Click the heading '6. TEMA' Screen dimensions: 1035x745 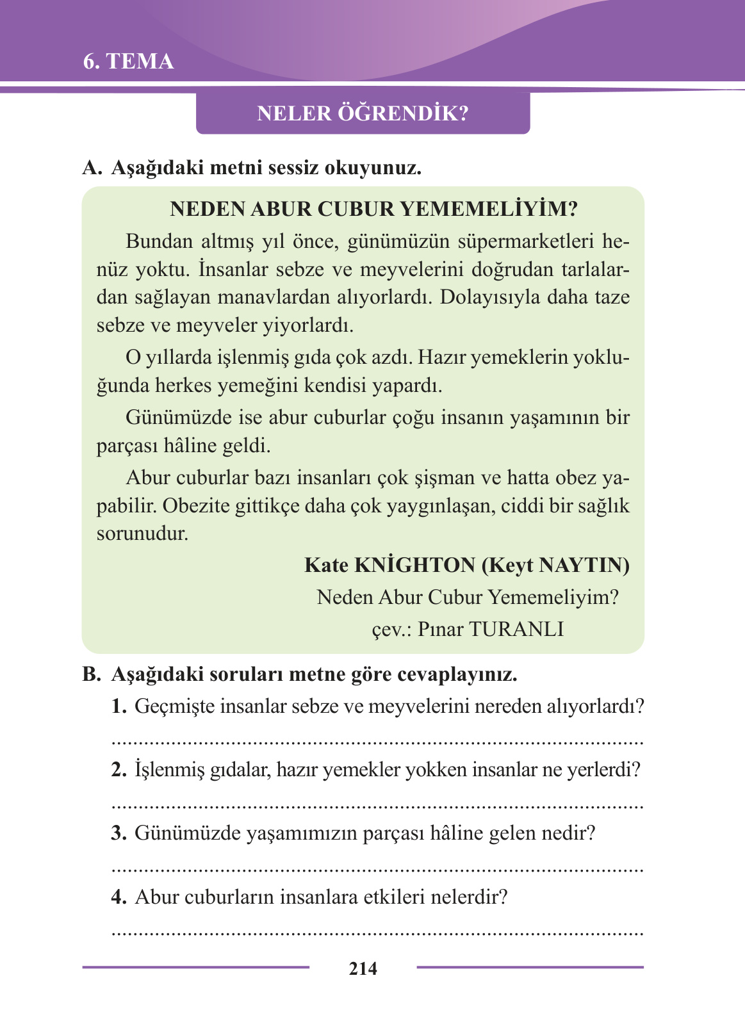(128, 61)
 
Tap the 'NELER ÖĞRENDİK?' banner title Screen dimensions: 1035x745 (363, 113)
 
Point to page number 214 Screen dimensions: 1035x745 (363, 968)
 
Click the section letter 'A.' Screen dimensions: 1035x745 (92, 168)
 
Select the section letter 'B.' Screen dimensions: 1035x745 (92, 674)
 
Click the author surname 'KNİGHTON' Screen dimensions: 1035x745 (414, 565)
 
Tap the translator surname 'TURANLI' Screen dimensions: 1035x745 (516, 629)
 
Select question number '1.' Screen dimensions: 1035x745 (120, 706)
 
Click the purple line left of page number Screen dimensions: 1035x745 (195, 967)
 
